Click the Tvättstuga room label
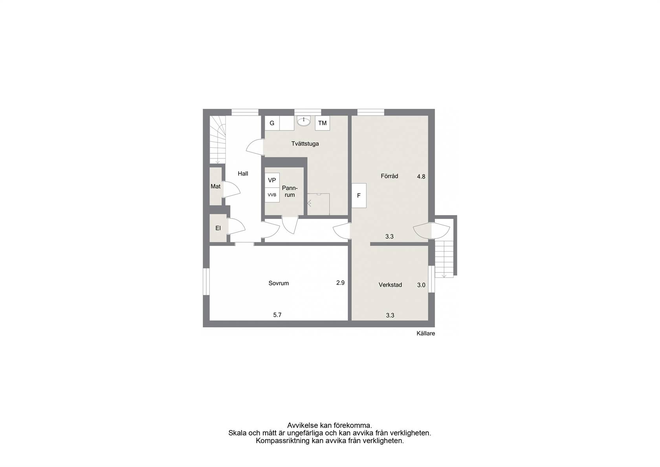tap(305, 144)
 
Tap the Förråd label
tap(389, 176)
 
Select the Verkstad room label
tap(390, 285)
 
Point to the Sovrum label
tap(279, 283)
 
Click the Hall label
tap(243, 174)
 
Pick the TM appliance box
tap(322, 123)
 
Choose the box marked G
tap(272, 123)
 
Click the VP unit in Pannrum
tap(272, 180)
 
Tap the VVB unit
tap(272, 195)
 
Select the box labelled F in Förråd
tap(359, 195)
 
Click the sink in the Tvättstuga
tap(303, 121)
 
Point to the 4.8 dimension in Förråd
tap(421, 177)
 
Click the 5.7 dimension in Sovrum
tap(277, 315)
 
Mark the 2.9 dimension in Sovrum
tap(340, 283)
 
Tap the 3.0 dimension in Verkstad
tap(421, 285)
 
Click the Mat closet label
tap(215, 186)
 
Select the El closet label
tap(218, 228)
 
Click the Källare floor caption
tap(426, 333)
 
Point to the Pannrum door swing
tap(290, 226)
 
